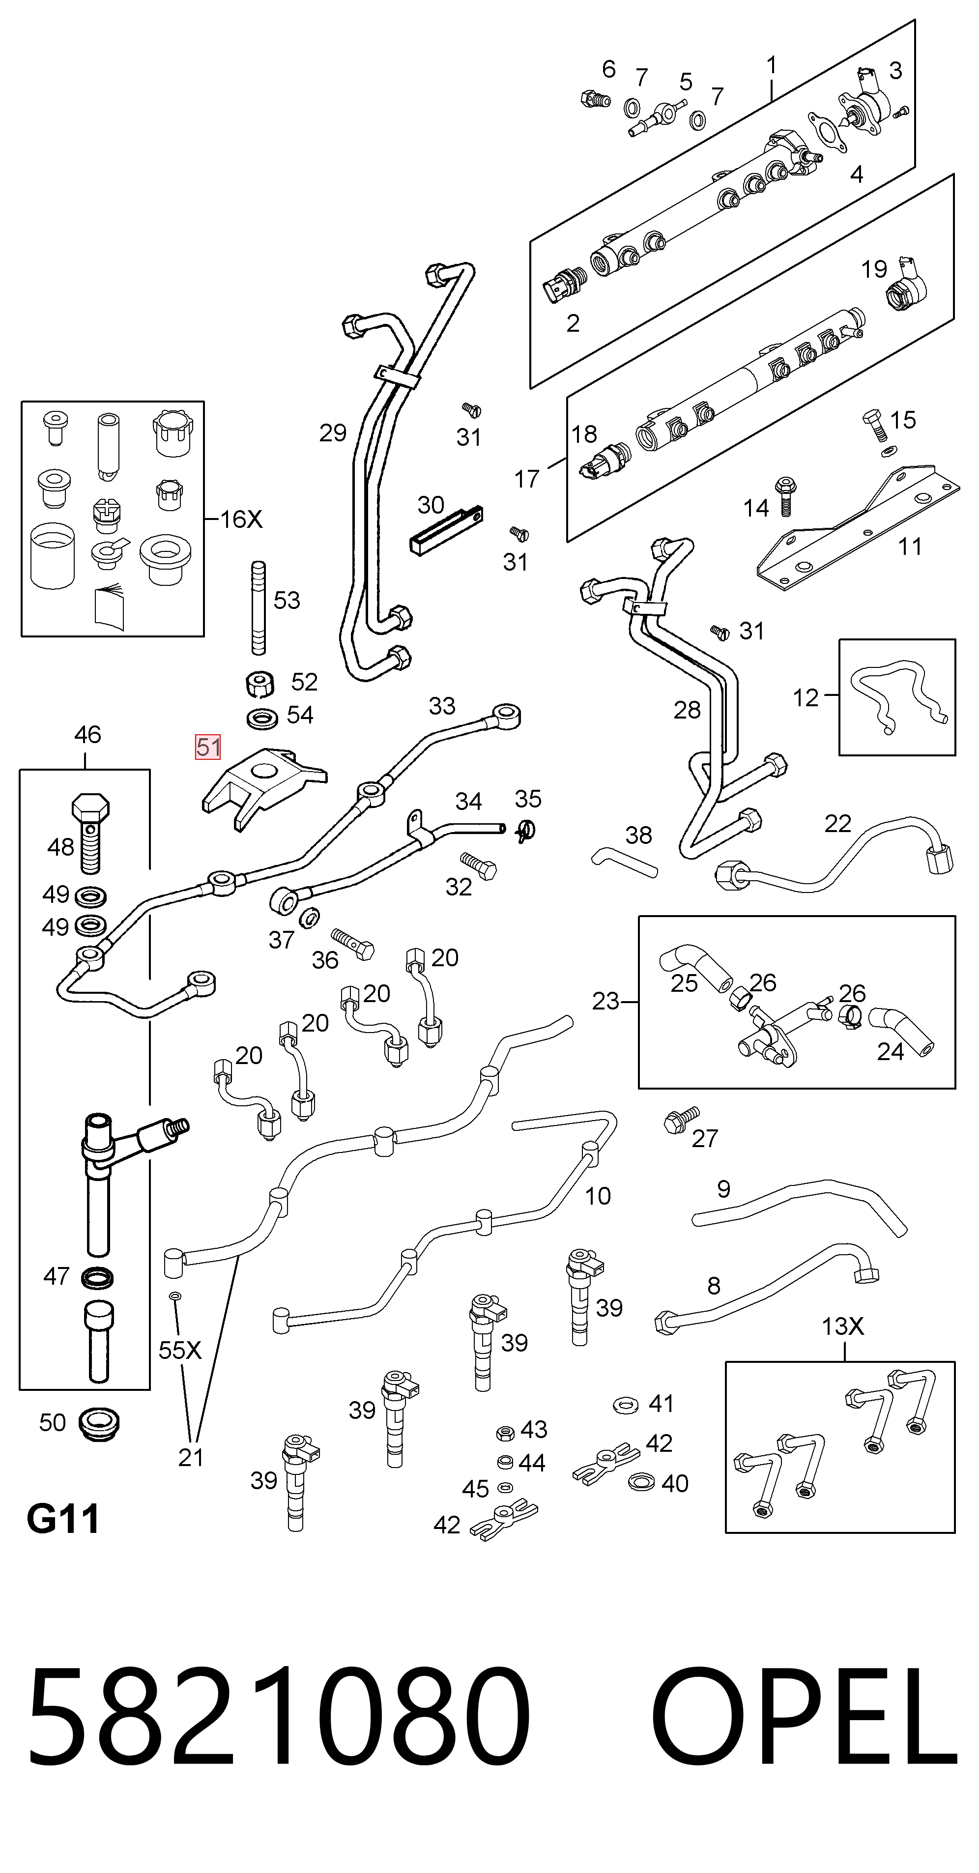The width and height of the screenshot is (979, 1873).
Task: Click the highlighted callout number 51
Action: pos(207,748)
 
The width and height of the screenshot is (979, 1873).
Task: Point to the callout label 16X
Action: pos(241,519)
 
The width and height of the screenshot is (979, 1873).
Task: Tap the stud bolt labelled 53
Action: pos(258,608)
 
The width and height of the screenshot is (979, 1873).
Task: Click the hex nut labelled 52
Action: pos(259,684)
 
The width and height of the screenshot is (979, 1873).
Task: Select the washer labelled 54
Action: pos(262,719)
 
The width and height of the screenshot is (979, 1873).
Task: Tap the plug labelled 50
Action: pos(98,1424)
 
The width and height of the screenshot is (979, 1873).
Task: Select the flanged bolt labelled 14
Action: pos(785,496)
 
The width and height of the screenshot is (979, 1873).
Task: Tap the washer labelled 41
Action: pos(626,1406)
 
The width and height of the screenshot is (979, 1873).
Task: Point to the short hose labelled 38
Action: pos(624,863)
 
